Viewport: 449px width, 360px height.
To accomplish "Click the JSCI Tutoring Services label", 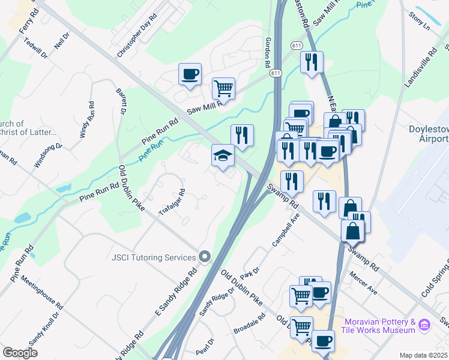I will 154,257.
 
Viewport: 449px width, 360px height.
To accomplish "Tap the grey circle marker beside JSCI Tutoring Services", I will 205,257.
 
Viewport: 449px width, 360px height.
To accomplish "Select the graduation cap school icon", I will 223,156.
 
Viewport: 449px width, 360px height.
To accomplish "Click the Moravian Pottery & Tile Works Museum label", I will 380,326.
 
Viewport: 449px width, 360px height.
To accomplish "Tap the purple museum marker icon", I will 425,326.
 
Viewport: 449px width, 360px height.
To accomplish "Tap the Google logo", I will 20,352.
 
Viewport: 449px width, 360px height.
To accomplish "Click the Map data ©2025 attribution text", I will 423,355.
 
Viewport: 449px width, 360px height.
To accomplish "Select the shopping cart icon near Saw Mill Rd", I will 223,89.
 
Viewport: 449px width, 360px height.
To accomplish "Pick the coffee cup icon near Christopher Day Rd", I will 190,75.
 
